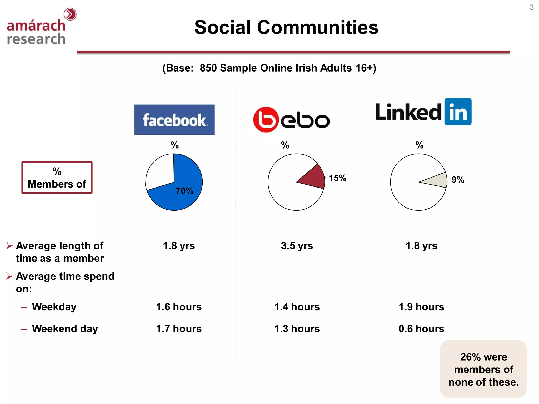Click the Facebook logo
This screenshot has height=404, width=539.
pyautogui.click(x=174, y=120)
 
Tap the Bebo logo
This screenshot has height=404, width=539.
pyautogui.click(x=291, y=120)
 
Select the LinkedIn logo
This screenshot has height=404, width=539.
pyautogui.click(x=423, y=112)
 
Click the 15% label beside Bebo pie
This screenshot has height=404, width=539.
pyautogui.click(x=337, y=178)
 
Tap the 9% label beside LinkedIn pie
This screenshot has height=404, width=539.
pyautogui.click(x=458, y=180)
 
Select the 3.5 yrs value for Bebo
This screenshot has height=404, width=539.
pyautogui.click(x=297, y=246)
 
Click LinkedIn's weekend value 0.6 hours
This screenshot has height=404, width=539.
pyautogui.click(x=421, y=329)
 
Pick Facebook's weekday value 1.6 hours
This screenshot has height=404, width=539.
pyautogui.click(x=179, y=307)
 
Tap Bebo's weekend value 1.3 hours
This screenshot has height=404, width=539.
pyautogui.click(x=297, y=329)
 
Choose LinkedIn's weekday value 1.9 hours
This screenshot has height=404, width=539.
pyautogui.click(x=421, y=307)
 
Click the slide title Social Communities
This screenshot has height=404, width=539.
pyautogui.click(x=286, y=27)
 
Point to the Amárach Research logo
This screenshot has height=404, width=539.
pyautogui.click(x=39, y=28)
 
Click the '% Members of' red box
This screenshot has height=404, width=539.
pyautogui.click(x=57, y=178)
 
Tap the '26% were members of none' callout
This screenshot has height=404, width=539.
pyautogui.click(x=483, y=369)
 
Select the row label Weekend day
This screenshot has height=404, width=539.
pyautogui.click(x=65, y=329)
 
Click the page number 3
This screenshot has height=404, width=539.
pyautogui.click(x=532, y=7)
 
